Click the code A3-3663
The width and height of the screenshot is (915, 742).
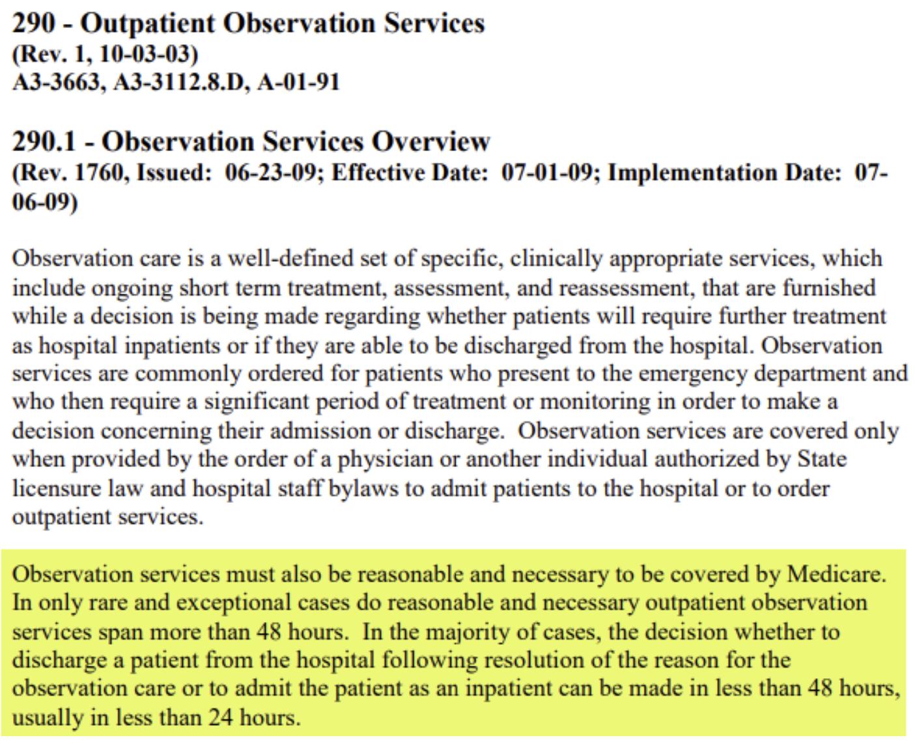[x=57, y=83]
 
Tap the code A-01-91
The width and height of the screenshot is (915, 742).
[x=298, y=83]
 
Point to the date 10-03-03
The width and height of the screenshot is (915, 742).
[x=146, y=54]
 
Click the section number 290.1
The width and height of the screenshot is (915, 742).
[x=44, y=142]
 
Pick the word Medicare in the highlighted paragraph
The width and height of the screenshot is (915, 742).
[x=836, y=574]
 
